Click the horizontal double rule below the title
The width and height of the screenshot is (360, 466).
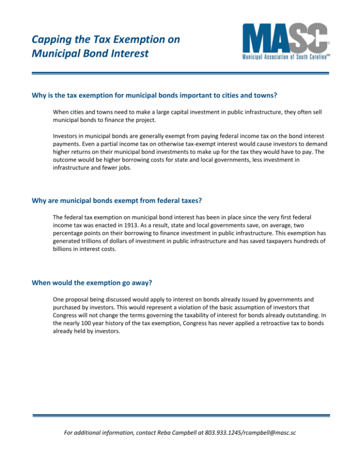tap(180, 73)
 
